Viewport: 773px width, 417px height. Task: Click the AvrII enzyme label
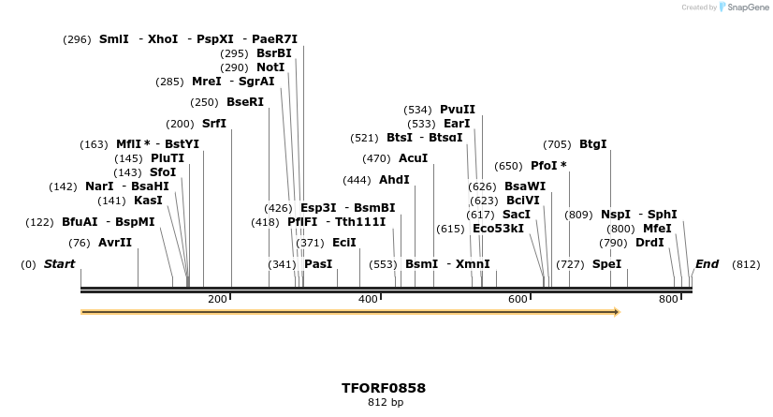click(115, 243)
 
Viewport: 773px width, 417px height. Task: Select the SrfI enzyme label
click(214, 124)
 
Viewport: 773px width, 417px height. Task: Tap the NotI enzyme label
click(270, 67)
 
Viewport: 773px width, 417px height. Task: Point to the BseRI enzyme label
click(245, 102)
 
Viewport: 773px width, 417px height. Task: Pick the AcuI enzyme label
click(413, 158)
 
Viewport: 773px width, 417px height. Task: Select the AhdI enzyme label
click(394, 180)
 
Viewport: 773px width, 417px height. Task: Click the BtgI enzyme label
click(593, 144)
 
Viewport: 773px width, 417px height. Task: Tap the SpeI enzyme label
click(607, 264)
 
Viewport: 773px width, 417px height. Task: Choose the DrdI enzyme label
click(649, 243)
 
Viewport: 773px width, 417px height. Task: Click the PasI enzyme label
click(318, 264)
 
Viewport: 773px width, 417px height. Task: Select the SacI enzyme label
click(517, 215)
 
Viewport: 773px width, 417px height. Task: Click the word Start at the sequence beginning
click(59, 264)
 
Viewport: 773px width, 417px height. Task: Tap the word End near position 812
click(707, 264)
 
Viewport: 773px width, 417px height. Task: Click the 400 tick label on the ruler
click(368, 299)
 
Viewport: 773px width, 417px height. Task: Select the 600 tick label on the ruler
click(518, 299)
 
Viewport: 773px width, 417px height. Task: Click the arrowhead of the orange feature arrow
click(616, 312)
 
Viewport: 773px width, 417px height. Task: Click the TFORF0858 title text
click(384, 387)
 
